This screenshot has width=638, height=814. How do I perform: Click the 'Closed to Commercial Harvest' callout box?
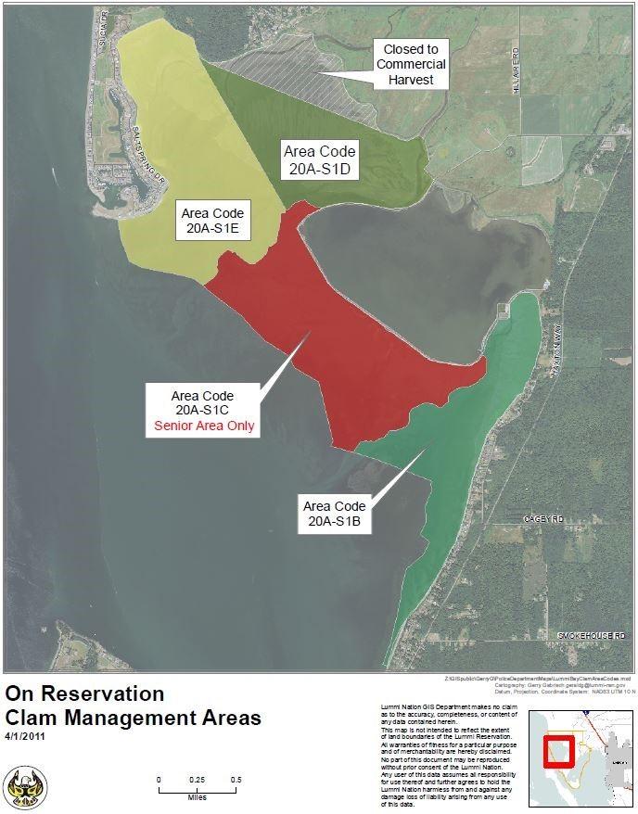410,64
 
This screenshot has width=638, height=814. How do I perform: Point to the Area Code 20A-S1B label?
335,515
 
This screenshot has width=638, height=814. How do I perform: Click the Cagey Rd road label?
542,519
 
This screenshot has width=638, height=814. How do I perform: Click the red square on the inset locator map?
558,750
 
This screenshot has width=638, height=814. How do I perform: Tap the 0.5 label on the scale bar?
236,779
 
